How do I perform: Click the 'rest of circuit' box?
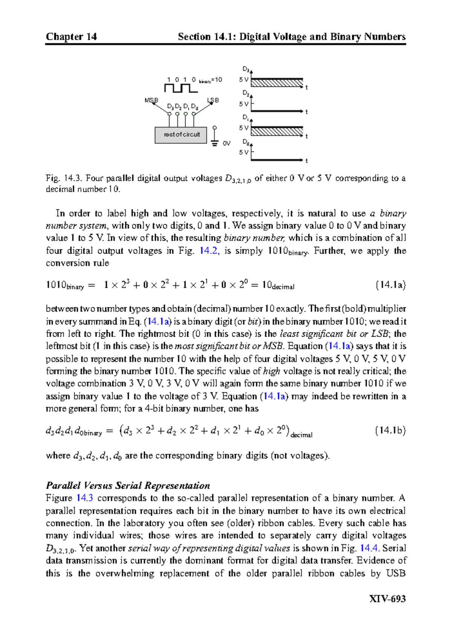coord(181,135)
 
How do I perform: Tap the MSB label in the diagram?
coord(151,100)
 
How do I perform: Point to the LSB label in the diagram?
coord(213,100)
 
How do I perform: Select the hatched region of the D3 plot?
coord(277,83)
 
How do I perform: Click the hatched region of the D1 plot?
coord(277,131)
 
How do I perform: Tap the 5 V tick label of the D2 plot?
coord(244,104)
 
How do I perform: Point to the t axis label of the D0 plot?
coord(307,161)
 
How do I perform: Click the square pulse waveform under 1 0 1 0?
coord(180,88)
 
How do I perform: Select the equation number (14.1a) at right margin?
coord(391,285)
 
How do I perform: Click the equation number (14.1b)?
coord(390,431)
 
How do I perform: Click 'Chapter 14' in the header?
coord(71,36)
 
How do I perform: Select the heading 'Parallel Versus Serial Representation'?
coord(128,486)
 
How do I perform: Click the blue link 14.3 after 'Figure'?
coord(84,498)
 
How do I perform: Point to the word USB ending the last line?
coord(395,573)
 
